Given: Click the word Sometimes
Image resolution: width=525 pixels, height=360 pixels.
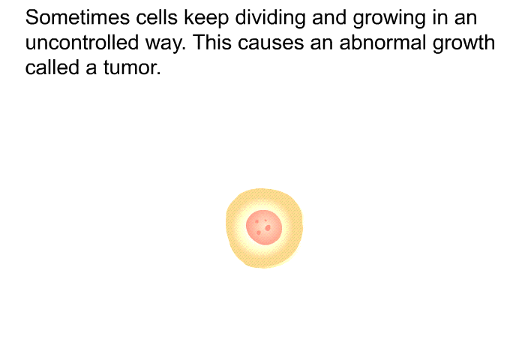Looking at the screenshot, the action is click(x=77, y=17).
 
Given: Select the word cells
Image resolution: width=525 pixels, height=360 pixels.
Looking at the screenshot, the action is click(x=156, y=17).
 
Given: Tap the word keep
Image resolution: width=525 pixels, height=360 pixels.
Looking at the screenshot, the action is click(x=206, y=19).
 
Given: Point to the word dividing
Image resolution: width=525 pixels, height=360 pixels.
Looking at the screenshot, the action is click(x=270, y=19).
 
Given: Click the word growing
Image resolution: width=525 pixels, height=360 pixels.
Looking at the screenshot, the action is click(x=389, y=19).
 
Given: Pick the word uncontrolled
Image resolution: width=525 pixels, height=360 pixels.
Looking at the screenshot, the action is click(x=82, y=43).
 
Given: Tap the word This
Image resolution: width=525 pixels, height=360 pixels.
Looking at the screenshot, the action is click(x=212, y=43).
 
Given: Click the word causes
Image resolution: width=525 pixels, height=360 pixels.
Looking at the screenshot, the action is click(x=271, y=44).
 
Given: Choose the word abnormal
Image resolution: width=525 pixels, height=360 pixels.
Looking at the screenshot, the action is click(x=382, y=43).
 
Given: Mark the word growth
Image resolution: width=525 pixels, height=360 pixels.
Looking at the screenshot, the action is click(x=463, y=44).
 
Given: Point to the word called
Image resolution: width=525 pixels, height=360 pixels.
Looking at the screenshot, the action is click(x=52, y=67).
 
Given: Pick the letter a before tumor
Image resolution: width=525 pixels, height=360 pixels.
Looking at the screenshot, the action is click(x=91, y=69).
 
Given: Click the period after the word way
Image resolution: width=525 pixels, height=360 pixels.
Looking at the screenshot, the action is click(x=184, y=49).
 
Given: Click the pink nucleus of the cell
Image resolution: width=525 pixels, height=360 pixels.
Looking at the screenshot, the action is click(x=264, y=227).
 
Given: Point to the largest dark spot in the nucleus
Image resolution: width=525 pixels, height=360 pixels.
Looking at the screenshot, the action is click(x=268, y=229).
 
